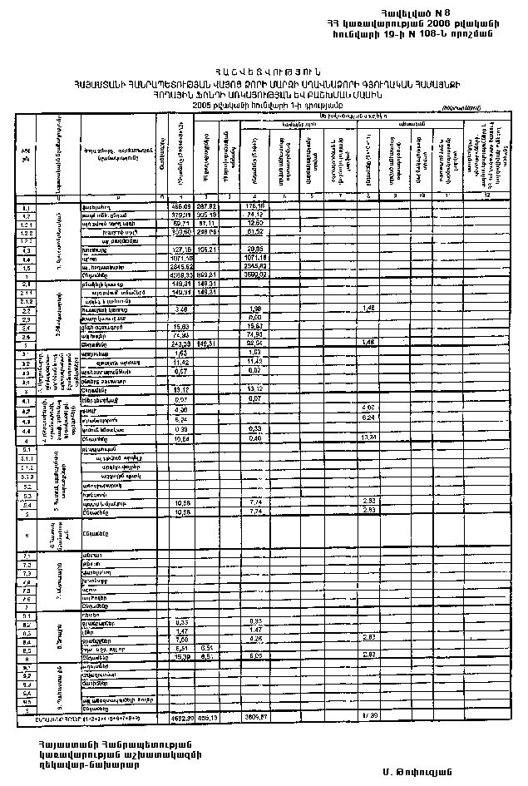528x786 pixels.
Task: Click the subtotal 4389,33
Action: click(x=180, y=276)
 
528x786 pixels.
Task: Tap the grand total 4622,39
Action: click(x=180, y=716)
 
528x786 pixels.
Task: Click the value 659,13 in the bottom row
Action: click(x=207, y=716)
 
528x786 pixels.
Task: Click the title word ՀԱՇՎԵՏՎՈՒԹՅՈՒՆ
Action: click(x=265, y=72)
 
